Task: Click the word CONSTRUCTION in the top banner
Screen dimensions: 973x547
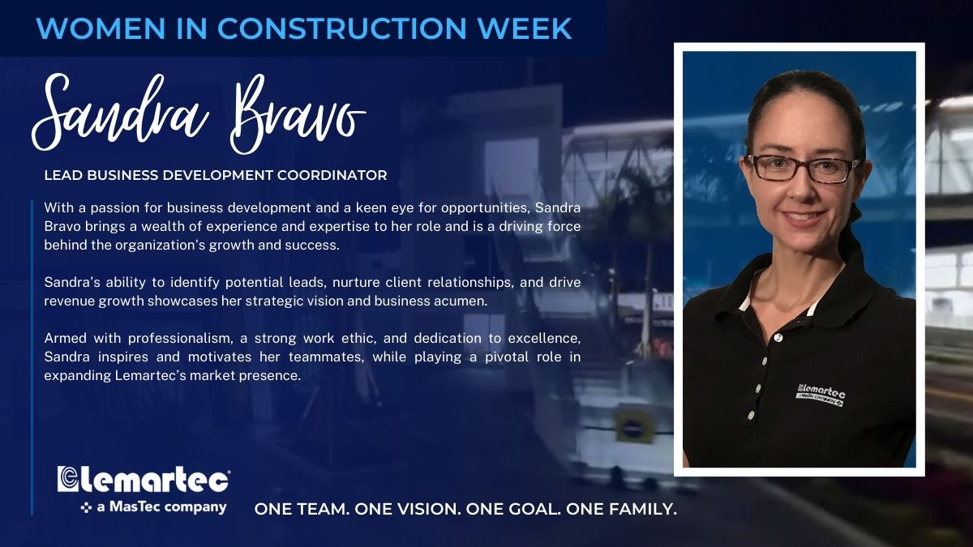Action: coord(342,28)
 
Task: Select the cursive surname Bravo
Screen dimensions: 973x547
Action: coord(298,113)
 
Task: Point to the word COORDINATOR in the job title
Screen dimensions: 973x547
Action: coord(332,175)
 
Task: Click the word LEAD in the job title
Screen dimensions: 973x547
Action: coord(63,175)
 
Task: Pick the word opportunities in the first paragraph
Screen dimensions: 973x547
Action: coord(486,208)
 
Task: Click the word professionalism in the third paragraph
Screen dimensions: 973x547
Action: coord(180,338)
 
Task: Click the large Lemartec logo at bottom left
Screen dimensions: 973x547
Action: coord(144,479)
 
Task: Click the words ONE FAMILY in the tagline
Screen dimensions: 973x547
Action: coord(621,510)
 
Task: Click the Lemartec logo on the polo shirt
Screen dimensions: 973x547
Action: coord(821,395)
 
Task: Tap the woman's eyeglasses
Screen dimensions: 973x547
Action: coord(802,169)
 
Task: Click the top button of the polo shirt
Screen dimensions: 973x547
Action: coord(777,338)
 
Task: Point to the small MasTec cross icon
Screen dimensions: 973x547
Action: coord(87,507)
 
